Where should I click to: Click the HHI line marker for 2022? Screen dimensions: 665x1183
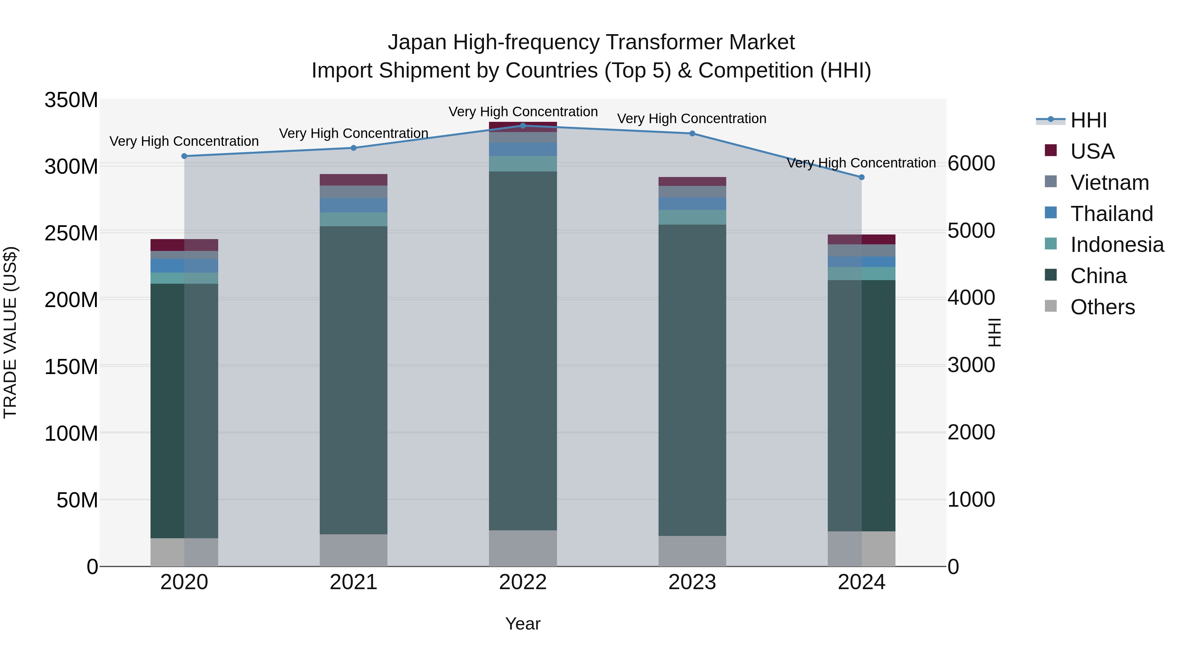pyautogui.click(x=522, y=126)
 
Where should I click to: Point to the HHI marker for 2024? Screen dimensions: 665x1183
pyautogui.click(x=862, y=177)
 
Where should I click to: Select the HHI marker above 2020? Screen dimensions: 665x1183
pyautogui.click(x=184, y=156)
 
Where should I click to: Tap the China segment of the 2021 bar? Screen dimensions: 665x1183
pyautogui.click(x=353, y=380)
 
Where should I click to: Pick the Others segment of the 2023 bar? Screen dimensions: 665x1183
pyautogui.click(x=692, y=551)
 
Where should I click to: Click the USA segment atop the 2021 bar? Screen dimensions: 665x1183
pyautogui.click(x=353, y=180)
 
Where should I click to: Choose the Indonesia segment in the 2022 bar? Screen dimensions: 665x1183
pyautogui.click(x=522, y=164)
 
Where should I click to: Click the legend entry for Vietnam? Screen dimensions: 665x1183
pyautogui.click(x=1109, y=183)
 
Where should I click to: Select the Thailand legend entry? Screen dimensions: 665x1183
pyautogui.click(x=1111, y=214)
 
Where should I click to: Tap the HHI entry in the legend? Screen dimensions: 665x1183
pyautogui.click(x=1088, y=120)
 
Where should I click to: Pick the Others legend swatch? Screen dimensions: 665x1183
pyautogui.click(x=1051, y=306)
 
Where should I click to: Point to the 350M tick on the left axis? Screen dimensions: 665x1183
pyautogui.click(x=71, y=100)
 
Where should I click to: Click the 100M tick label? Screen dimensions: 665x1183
pyautogui.click(x=71, y=433)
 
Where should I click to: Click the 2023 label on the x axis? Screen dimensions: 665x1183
pyautogui.click(x=692, y=582)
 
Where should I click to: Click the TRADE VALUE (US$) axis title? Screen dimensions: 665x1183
pyautogui.click(x=10, y=332)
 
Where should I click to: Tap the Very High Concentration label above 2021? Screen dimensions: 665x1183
pyautogui.click(x=353, y=134)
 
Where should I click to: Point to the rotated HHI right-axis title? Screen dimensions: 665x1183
pyautogui.click(x=995, y=332)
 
